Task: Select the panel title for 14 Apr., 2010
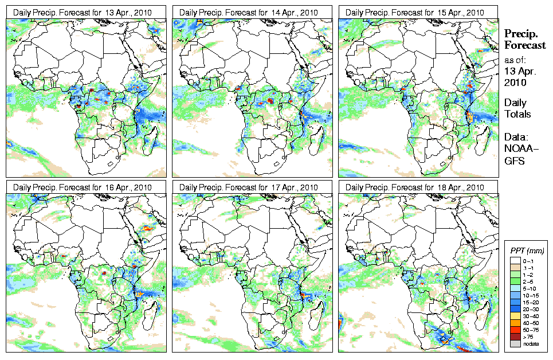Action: [249, 12]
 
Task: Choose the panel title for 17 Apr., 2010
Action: [249, 187]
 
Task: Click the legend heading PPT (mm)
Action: [527, 251]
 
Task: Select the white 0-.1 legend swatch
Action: [514, 260]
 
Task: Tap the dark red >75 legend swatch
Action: [514, 336]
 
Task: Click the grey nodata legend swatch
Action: [514, 343]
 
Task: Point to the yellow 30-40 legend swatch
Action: [514, 315]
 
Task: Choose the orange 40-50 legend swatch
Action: [514, 322]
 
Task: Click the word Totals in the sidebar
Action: [517, 114]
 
